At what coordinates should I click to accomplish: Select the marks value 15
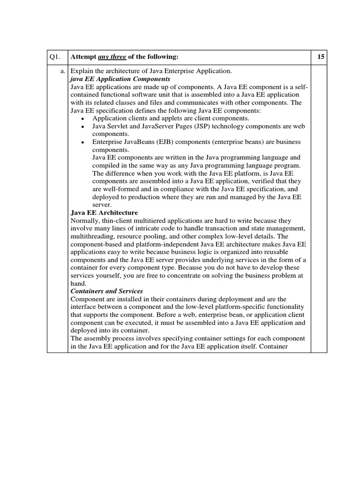click(321, 57)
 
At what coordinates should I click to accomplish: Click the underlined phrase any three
click(109, 57)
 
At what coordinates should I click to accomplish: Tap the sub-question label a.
click(62, 71)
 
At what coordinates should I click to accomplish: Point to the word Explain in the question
click(82, 71)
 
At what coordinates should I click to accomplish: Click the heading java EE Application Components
click(120, 79)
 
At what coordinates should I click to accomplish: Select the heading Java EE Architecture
click(104, 213)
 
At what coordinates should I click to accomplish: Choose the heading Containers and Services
click(106, 291)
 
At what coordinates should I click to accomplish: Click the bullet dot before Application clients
click(82, 119)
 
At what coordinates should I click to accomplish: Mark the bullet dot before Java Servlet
click(82, 127)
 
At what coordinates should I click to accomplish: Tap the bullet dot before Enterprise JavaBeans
click(82, 142)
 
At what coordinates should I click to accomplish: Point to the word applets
click(168, 119)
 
